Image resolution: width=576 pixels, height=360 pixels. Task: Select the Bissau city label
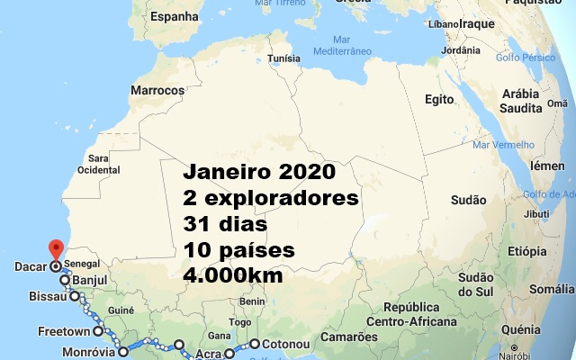pyautogui.click(x=48, y=295)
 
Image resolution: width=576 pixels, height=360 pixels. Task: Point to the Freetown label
pyautogui.click(x=63, y=331)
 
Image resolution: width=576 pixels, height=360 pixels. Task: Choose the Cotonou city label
pyautogui.click(x=286, y=344)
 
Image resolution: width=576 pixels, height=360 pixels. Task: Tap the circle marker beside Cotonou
pyautogui.click(x=255, y=344)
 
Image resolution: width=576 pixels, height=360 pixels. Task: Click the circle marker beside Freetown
pyautogui.click(x=99, y=331)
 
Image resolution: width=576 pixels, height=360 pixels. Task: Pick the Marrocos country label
pyautogui.click(x=157, y=90)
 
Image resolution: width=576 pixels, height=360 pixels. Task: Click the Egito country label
pyautogui.click(x=436, y=98)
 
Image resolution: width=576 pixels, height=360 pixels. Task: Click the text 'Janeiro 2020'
pyautogui.click(x=259, y=172)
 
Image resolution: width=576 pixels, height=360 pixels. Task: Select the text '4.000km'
pyautogui.click(x=233, y=274)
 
